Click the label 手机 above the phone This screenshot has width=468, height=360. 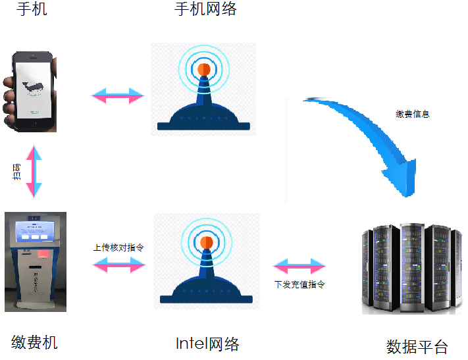click(x=31, y=9)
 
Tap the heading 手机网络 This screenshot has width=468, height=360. click(x=205, y=9)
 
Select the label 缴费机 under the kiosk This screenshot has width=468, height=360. click(x=34, y=342)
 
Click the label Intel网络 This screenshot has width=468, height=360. click(x=207, y=344)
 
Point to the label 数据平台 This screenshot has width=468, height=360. click(x=417, y=347)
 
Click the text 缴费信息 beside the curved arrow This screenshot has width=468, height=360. click(x=413, y=114)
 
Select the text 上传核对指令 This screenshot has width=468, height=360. click(x=118, y=247)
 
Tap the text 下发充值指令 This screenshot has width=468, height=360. click(x=299, y=285)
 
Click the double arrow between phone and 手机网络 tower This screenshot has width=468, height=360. click(x=118, y=95)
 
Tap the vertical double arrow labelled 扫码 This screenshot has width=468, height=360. click(x=34, y=172)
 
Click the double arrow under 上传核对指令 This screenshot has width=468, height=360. click(x=118, y=265)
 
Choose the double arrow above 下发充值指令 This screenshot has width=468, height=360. click(x=299, y=267)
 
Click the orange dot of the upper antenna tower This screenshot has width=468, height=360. click(x=203, y=68)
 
